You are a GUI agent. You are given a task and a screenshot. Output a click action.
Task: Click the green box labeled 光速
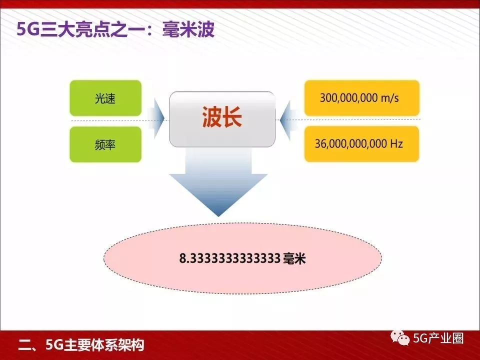tap(105, 98)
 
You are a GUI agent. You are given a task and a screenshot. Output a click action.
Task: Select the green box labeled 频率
tap(105, 144)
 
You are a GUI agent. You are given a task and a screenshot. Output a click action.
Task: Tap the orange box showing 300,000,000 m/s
tap(362, 98)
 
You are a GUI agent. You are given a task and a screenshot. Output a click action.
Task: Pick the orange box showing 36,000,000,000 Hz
tap(362, 144)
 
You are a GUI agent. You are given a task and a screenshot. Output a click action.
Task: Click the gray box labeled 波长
tap(222, 119)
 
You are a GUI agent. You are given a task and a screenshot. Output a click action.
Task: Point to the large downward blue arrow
tap(218, 182)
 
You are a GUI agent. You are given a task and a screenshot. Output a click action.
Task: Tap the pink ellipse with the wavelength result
tap(243, 258)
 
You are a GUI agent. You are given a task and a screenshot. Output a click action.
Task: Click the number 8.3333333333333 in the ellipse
tap(230, 258)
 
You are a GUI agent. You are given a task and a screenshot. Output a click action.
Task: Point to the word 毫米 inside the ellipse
tap(294, 258)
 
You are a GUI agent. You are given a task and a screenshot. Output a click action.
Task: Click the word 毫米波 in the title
tap(188, 29)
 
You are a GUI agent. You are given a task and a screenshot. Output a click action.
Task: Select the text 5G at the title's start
tap(28, 30)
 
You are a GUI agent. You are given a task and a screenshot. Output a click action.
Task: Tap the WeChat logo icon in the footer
tap(400, 338)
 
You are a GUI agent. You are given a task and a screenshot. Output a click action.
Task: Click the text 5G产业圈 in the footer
tap(438, 338)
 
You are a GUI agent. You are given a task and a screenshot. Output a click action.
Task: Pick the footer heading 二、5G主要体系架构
tap(81, 345)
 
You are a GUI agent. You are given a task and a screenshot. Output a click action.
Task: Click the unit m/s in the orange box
tap(389, 98)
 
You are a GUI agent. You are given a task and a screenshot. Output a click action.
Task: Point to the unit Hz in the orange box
tap(396, 143)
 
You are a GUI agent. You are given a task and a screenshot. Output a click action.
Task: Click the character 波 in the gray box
tap(212, 117)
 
